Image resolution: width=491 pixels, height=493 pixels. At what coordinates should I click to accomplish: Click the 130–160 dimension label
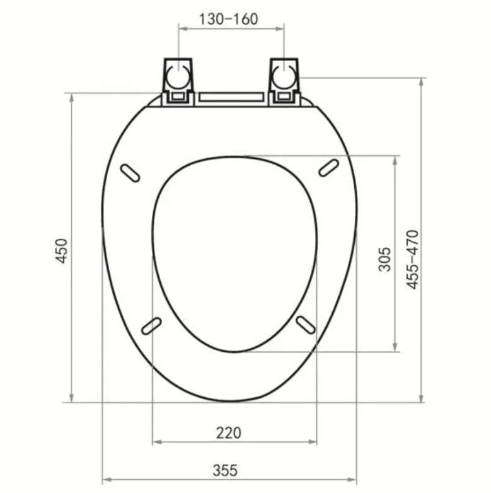(228, 19)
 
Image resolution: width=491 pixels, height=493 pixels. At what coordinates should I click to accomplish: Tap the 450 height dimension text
(62, 251)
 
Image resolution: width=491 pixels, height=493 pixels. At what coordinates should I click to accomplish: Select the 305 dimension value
(384, 258)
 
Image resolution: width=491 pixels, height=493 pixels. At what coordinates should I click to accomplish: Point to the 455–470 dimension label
(412, 259)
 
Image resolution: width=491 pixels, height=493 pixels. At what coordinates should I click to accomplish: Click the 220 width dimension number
(228, 432)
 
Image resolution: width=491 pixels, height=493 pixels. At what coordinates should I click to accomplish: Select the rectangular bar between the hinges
(231, 98)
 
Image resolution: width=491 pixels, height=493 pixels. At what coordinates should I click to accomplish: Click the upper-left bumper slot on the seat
(130, 173)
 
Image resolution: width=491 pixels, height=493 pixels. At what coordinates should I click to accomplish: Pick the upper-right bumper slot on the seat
(328, 167)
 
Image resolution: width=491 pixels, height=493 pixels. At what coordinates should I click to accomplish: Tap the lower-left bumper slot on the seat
(151, 325)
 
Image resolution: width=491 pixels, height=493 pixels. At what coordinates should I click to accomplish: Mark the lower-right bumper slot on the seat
(306, 325)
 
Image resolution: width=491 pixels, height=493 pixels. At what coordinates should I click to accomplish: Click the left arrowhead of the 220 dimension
(156, 442)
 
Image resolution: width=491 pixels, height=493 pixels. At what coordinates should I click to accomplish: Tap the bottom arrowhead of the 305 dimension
(395, 348)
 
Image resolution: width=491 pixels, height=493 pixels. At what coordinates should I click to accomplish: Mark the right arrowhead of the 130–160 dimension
(280, 28)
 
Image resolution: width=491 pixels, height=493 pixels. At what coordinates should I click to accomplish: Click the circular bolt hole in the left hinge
(176, 78)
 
